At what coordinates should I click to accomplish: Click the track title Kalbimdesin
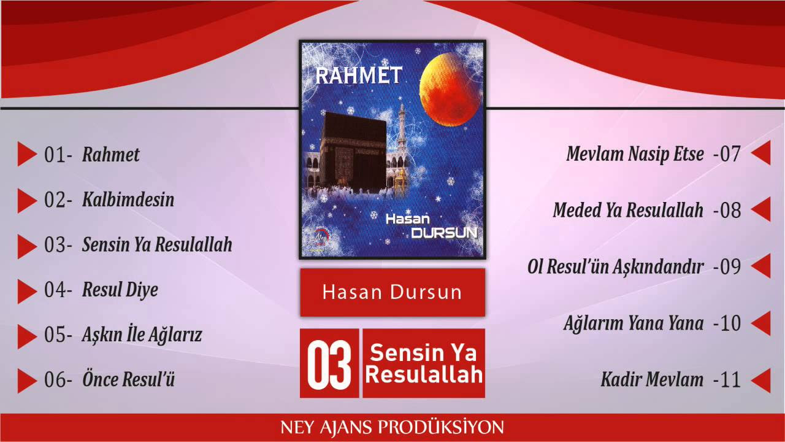point(128,200)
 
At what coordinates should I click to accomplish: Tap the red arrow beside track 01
point(28,154)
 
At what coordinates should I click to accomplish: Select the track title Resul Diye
point(120,290)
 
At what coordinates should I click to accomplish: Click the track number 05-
point(58,335)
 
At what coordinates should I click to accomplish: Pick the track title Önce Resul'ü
point(128,379)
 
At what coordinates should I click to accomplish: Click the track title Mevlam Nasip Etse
point(635,154)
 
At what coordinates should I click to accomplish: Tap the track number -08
point(727,211)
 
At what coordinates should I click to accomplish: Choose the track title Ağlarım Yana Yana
point(634,324)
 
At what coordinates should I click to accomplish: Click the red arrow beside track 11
point(761,380)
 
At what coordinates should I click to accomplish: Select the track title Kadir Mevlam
point(652,379)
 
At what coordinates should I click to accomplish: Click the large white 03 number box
point(329,363)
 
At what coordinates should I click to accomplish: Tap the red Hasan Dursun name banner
point(392,293)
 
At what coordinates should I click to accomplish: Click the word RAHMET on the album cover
point(359,76)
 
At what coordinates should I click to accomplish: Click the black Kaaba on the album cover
point(354,153)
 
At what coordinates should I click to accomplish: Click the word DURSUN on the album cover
point(445,233)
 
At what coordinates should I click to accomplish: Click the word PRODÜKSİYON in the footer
point(440,427)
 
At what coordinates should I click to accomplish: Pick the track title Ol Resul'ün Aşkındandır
point(615,267)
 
